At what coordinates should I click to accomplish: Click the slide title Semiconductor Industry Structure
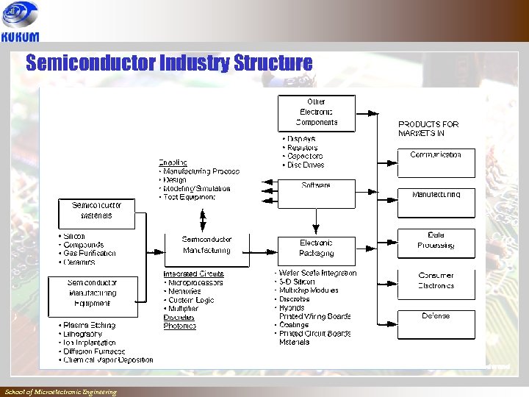169,63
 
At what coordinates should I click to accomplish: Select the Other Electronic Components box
317,112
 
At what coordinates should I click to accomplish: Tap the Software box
317,191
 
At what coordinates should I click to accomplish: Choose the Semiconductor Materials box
97,212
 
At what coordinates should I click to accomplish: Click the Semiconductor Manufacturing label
206,245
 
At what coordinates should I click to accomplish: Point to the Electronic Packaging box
317,249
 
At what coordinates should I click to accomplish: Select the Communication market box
436,161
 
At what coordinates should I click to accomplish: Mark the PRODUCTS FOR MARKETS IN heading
428,129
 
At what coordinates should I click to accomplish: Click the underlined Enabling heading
173,162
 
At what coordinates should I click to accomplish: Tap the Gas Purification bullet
89,254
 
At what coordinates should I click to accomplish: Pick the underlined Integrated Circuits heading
193,273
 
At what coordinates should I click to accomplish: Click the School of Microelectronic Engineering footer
60,392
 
